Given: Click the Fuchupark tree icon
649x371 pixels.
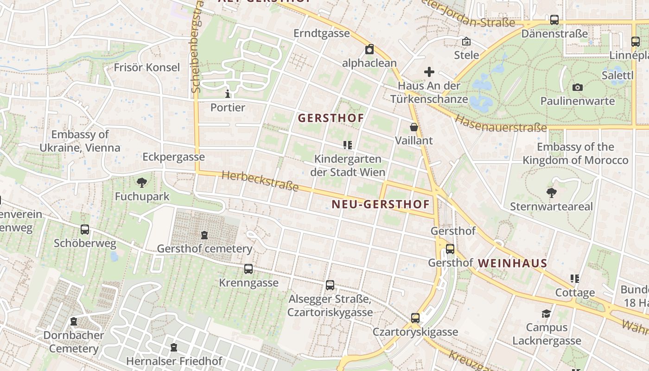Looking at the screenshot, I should point(142,183).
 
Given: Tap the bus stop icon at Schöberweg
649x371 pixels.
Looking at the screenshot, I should point(85,229).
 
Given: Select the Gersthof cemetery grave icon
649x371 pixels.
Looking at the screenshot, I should point(204,235).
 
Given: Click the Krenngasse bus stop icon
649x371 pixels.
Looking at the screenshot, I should point(248,269).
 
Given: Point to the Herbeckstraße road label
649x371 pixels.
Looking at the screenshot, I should point(260,181).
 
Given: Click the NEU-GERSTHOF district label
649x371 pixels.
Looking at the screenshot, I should point(381,204).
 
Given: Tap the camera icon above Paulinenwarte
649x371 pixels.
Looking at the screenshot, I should point(577,87).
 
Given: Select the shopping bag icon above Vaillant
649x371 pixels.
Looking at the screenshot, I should point(414,127).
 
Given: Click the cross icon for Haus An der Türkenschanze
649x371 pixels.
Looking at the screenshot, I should point(429,72).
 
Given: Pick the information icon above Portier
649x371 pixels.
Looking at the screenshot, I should point(228,94).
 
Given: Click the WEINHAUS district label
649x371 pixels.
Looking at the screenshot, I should point(512,263).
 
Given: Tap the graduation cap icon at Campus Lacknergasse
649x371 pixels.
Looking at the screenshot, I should point(547,314).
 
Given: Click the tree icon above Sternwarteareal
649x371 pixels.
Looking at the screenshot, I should point(551,192).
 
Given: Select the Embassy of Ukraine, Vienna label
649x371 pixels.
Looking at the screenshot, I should point(80,141).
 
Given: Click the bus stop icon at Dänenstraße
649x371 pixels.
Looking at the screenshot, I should point(554,20).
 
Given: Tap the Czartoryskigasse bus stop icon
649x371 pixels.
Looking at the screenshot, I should point(415,318).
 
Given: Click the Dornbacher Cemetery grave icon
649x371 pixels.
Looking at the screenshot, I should point(73,321).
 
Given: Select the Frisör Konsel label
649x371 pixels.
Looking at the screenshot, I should point(147,68).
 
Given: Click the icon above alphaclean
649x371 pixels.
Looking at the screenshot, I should point(369,49).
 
